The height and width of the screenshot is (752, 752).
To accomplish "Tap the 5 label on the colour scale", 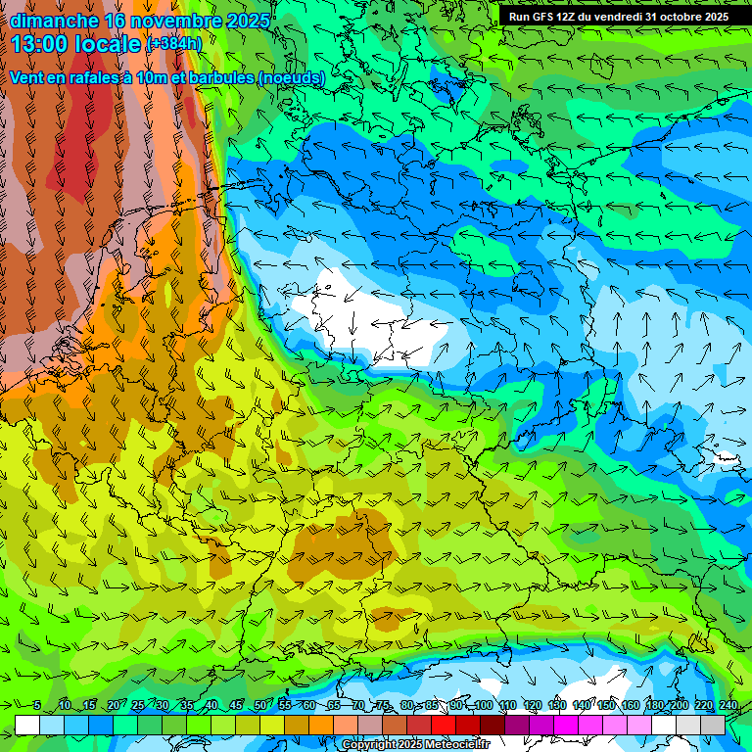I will (37, 705).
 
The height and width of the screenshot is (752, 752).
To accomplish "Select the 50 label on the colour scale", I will (259, 705).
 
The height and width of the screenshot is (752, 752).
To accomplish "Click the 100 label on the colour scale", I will (484, 705).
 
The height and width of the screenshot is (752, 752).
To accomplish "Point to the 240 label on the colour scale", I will (728, 705).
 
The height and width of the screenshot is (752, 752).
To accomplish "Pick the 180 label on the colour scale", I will (654, 705).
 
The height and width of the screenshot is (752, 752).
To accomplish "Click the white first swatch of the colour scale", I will (27, 725).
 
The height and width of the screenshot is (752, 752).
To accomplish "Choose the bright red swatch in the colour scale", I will (444, 725).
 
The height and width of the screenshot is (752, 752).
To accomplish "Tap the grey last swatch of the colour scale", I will (713, 725).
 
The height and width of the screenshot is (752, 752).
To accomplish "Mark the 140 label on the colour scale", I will (582, 705).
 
